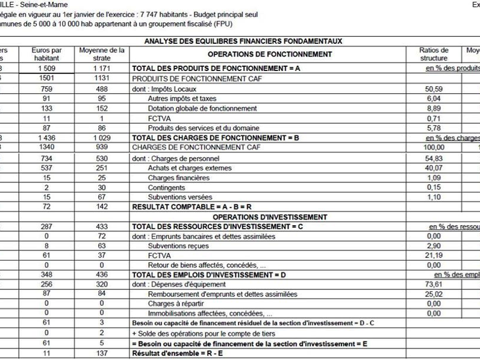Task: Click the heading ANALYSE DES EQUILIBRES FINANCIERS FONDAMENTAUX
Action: tap(243, 42)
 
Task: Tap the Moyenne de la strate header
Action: tap(102, 54)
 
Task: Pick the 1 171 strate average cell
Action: tap(102, 69)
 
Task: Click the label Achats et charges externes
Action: tap(190, 168)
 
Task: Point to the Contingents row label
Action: tap(166, 187)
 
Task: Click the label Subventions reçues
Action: tap(178, 246)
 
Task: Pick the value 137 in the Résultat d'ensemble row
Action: tap(102, 354)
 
